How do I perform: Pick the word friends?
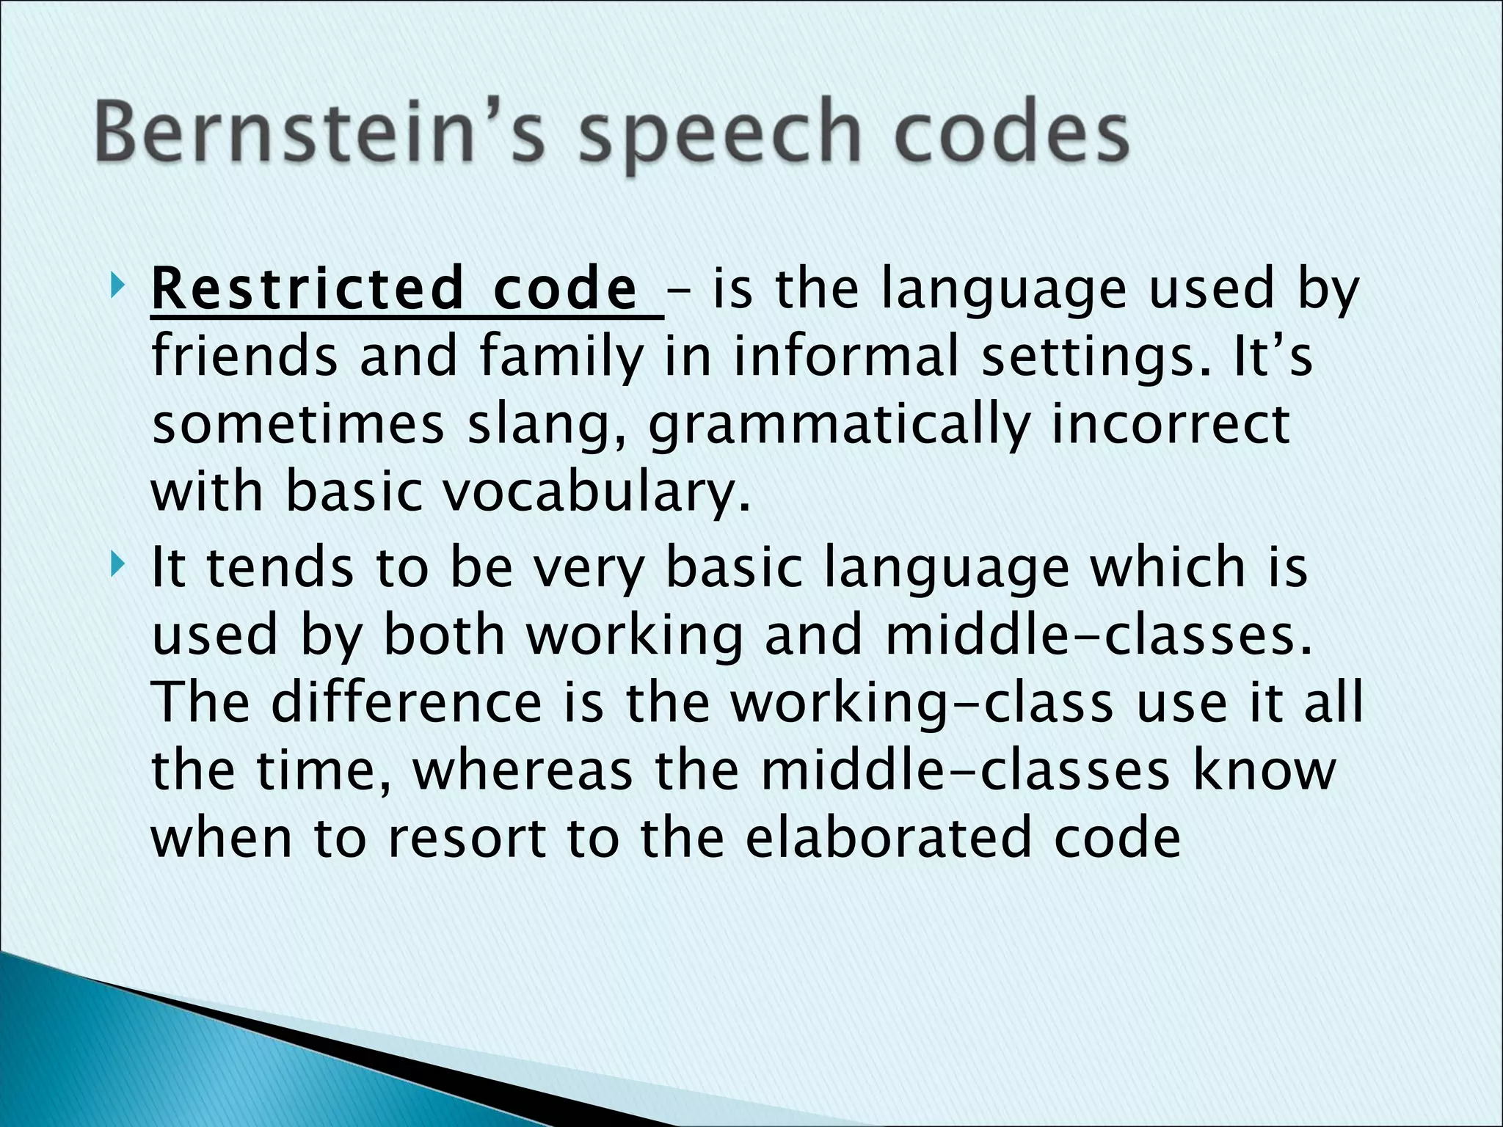click(244, 356)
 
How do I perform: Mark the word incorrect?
click(1171, 423)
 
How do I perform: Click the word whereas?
click(523, 770)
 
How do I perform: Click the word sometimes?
click(298, 425)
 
